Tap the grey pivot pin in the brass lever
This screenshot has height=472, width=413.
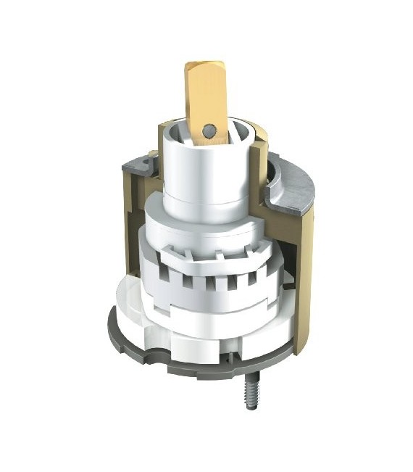(209, 130)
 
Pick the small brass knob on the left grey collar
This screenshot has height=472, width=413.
(148, 156)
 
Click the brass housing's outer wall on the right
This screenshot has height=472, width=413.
(304, 276)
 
